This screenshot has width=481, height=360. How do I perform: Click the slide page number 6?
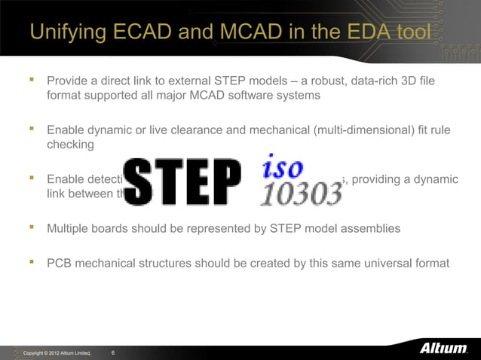[113, 352]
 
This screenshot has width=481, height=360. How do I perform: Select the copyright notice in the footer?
[57, 353]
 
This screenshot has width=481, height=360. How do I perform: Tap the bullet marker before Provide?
[32, 80]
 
